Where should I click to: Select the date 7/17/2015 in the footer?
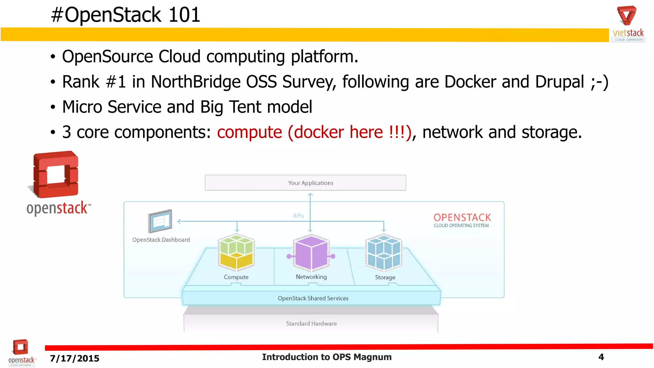point(74,358)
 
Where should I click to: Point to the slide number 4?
point(601,357)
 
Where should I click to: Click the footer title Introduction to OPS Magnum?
point(327,357)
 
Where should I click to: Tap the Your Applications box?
point(305,183)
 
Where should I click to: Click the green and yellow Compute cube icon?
point(236,252)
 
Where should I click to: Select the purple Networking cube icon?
point(311,252)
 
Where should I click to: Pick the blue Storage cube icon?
point(384,252)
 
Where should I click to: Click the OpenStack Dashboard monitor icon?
point(160,221)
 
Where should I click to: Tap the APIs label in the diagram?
point(298,216)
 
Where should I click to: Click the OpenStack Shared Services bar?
point(312,298)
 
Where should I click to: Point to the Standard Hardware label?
point(311,324)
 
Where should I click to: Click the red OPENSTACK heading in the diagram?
point(462,218)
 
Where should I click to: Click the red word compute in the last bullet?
point(249,132)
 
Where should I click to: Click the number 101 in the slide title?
point(184,15)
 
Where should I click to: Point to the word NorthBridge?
point(195,82)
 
